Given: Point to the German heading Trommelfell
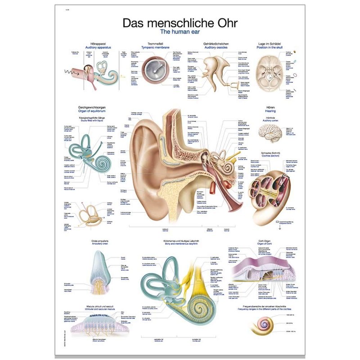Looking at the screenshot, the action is point(155,43).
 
